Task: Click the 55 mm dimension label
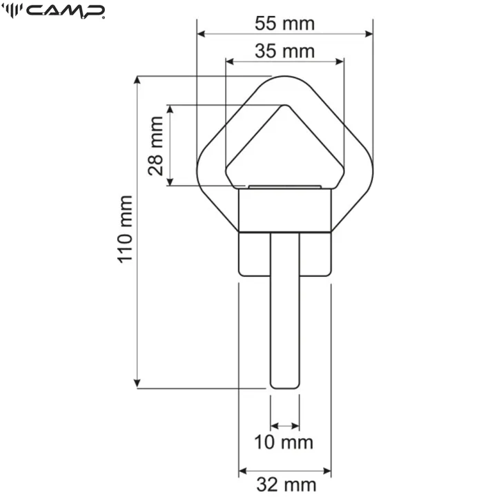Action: click(284, 23)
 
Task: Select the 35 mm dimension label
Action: click(284, 50)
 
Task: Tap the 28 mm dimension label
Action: click(157, 146)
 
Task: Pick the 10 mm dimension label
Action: click(284, 442)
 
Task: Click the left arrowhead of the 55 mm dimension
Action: click(202, 33)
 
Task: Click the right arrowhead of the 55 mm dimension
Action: click(368, 33)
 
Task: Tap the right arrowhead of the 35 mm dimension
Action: click(339, 61)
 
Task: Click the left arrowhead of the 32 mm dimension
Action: click(243, 471)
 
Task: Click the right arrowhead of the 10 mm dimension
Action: click(295, 425)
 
